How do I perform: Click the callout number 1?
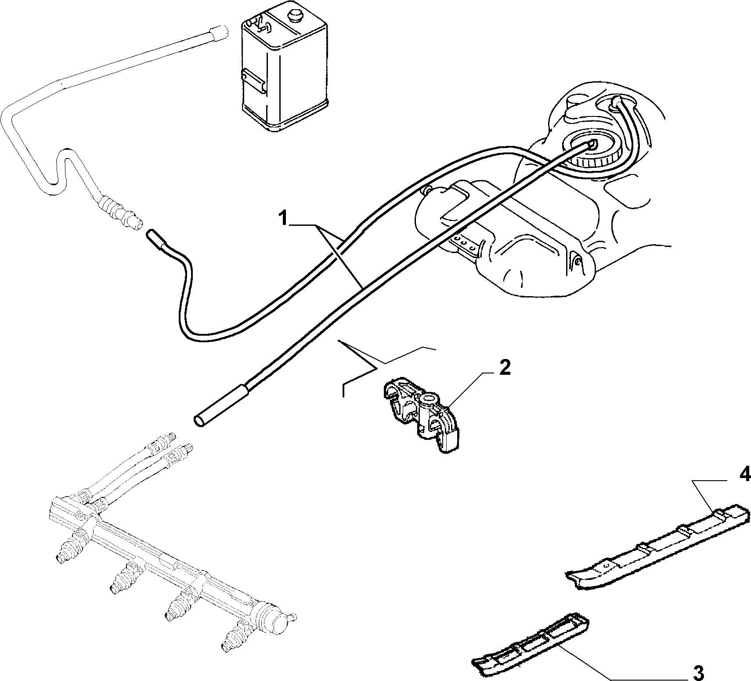click(284, 218)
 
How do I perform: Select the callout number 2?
click(505, 367)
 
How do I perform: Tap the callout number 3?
click(698, 672)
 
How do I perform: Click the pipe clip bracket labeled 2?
click(422, 415)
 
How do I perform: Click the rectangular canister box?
click(285, 68)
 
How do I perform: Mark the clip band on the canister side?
click(253, 82)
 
